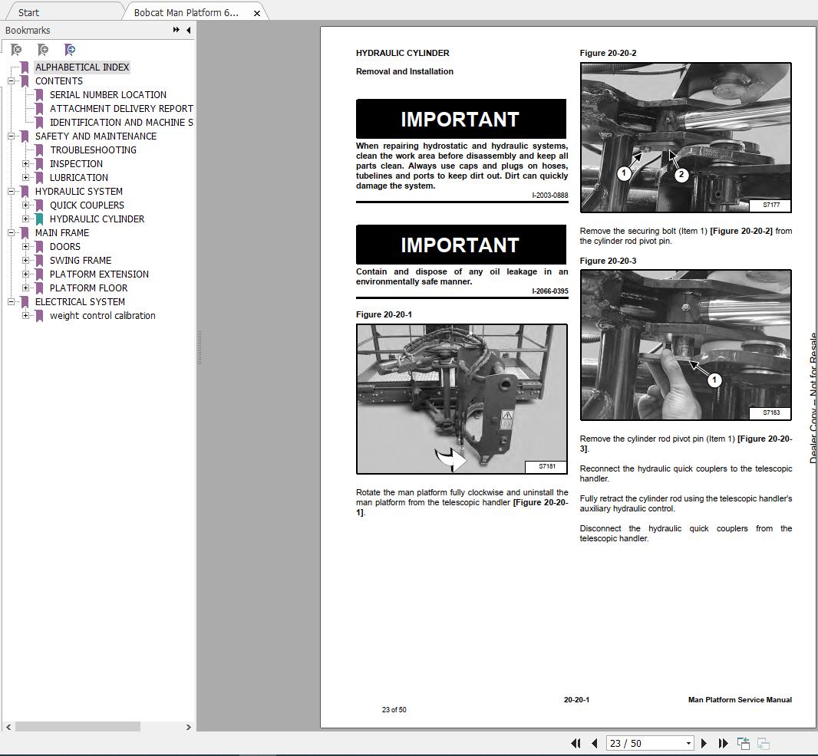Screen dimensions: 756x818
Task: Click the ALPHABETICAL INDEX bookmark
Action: click(82, 67)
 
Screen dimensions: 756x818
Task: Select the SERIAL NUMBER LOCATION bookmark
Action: click(108, 95)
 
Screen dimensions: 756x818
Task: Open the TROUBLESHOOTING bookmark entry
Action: click(93, 150)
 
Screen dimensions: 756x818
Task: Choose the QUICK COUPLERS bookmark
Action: click(87, 205)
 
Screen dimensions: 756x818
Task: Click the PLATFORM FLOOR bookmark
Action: click(88, 288)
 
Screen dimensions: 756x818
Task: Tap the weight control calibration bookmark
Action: click(102, 316)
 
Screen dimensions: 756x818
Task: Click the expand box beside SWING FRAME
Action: click(26, 261)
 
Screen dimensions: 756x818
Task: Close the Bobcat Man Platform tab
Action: click(257, 13)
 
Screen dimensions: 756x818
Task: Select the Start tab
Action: click(28, 13)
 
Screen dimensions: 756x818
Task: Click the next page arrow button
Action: click(704, 743)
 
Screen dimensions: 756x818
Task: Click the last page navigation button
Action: click(723, 743)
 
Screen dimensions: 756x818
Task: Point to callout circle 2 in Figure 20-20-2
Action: click(681, 174)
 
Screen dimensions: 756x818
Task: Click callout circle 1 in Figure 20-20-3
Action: click(714, 380)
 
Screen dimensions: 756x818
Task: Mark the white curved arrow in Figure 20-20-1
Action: click(451, 459)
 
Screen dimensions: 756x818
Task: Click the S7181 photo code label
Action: click(546, 466)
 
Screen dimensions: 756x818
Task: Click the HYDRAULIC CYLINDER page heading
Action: click(403, 54)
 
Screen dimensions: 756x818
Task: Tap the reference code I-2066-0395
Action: click(549, 291)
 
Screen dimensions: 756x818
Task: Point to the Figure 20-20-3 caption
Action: click(608, 261)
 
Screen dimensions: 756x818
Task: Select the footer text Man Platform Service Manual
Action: click(740, 700)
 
